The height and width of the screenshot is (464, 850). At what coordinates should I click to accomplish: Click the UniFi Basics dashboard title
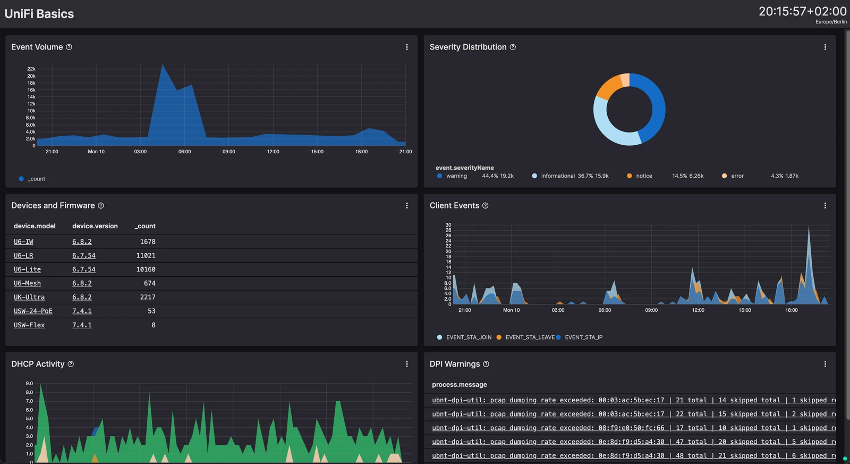[x=39, y=14]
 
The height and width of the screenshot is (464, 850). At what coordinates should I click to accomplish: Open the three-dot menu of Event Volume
[x=407, y=47]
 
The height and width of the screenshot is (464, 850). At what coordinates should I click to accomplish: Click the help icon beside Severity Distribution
[x=513, y=47]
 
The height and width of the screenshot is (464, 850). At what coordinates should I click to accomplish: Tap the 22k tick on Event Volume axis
[x=31, y=69]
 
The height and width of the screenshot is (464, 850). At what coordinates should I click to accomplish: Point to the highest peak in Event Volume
[x=163, y=64]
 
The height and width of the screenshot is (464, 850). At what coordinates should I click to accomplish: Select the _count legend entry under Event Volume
[x=32, y=179]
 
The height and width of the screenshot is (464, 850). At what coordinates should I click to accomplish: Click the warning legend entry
[x=452, y=176]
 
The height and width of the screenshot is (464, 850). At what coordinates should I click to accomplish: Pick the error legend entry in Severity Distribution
[x=733, y=176]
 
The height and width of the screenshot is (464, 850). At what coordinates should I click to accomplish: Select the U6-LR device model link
[x=23, y=255]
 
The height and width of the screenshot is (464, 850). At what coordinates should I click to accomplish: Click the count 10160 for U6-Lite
[x=146, y=269]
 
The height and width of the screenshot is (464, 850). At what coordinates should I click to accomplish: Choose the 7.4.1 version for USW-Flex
[x=82, y=325]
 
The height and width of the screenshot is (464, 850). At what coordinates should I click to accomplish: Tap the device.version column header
[x=95, y=226]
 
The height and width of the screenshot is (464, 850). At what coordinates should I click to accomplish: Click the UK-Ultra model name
[x=29, y=297]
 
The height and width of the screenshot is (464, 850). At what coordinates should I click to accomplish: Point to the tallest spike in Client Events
[x=809, y=227]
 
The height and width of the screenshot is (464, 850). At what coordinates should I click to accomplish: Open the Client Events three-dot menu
[x=825, y=205]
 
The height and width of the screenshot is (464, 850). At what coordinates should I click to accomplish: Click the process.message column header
[x=459, y=385]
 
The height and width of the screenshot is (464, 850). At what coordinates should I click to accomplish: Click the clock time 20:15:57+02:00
[x=802, y=11]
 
